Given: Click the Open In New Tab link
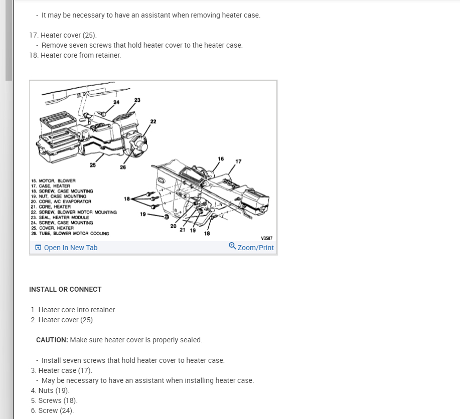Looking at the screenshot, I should click(x=70, y=248).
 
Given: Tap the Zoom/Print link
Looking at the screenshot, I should click(x=255, y=248).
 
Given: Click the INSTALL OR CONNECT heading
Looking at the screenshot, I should click(x=65, y=289).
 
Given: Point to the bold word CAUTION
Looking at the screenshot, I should click(x=52, y=340).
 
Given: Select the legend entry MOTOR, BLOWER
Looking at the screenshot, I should click(x=53, y=180).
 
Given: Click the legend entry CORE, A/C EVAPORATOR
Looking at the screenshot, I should click(x=61, y=201).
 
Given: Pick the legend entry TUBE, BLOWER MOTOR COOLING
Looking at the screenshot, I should click(x=70, y=233).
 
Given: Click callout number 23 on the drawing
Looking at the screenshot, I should click(x=137, y=100).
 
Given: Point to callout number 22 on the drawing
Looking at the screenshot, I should click(x=153, y=121).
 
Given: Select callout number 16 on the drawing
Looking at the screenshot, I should click(x=221, y=159).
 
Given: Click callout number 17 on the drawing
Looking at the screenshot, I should click(x=238, y=161).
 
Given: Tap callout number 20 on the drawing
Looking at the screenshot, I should click(x=173, y=226).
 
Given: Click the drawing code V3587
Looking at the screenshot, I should click(x=267, y=239).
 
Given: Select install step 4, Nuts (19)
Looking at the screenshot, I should click(x=50, y=390).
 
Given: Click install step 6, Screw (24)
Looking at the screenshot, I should click(x=52, y=410).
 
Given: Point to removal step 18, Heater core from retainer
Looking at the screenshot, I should click(x=75, y=55).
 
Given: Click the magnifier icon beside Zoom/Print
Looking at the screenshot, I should click(x=232, y=246).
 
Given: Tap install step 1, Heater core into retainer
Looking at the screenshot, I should click(x=73, y=310).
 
